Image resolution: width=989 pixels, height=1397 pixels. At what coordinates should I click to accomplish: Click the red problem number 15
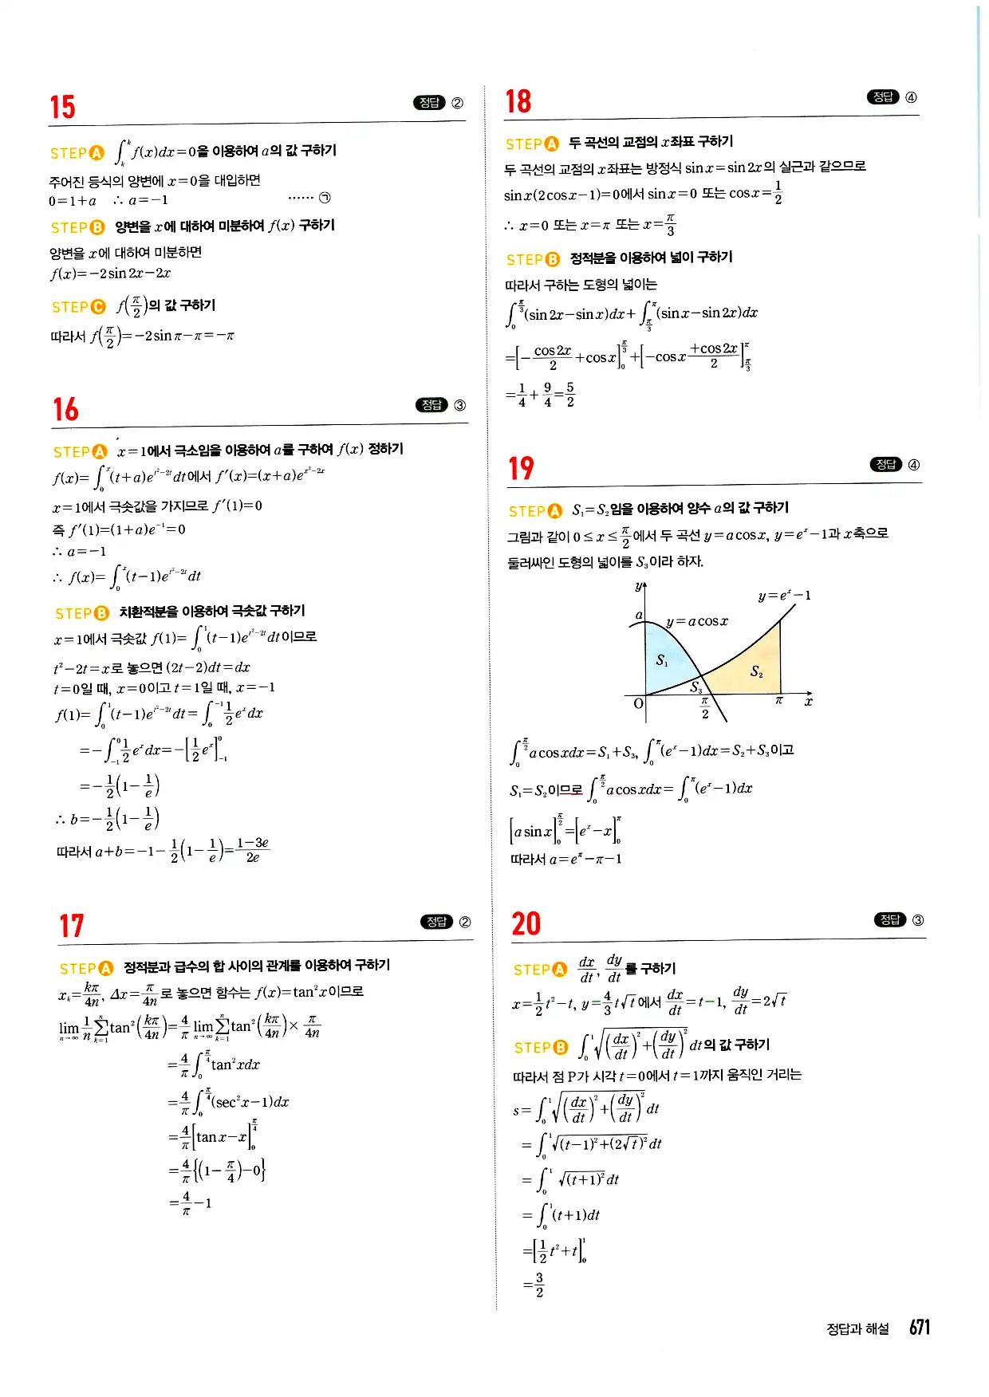(x=62, y=107)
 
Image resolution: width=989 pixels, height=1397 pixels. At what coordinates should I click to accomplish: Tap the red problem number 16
(x=65, y=409)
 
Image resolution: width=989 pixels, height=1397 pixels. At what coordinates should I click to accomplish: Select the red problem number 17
(x=71, y=926)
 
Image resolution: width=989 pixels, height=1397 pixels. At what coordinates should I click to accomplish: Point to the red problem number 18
(x=518, y=101)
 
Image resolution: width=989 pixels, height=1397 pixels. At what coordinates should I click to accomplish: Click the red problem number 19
(x=521, y=468)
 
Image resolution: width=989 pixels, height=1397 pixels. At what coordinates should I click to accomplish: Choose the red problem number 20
(x=526, y=923)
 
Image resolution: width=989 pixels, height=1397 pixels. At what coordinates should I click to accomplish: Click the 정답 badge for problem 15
(x=429, y=103)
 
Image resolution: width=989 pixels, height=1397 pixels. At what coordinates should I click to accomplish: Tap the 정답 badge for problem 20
(x=889, y=919)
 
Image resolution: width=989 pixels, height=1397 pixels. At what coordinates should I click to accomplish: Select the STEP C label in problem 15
(x=78, y=307)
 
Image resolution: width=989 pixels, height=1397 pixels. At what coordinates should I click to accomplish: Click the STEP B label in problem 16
(x=81, y=613)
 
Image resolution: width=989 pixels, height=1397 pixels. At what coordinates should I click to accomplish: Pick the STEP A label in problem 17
(x=86, y=968)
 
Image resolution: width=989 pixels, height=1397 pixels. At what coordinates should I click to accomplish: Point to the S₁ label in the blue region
(x=662, y=659)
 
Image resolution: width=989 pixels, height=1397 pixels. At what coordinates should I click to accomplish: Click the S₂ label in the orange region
(x=756, y=671)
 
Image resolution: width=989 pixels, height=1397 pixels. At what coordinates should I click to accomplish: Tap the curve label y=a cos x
(x=696, y=621)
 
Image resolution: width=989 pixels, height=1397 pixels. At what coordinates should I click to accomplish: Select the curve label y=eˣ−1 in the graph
(x=784, y=596)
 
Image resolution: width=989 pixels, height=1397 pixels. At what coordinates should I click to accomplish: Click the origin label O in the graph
(x=638, y=703)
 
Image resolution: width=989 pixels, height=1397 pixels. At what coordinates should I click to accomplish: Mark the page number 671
(x=920, y=1327)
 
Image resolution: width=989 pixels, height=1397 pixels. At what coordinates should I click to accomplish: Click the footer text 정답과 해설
(x=857, y=1328)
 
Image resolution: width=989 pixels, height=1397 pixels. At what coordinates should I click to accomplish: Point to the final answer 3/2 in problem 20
(x=538, y=1285)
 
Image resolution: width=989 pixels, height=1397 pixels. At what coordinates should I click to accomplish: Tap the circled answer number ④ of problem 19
(x=914, y=465)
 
